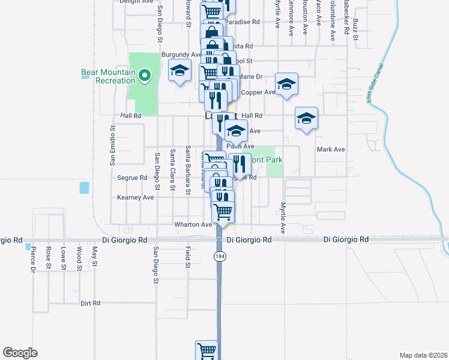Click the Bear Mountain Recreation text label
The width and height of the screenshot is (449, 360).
[108, 76]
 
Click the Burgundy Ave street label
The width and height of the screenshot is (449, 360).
[180, 55]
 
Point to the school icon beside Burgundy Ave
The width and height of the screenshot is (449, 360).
[179, 71]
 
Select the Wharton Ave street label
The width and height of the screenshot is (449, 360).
[193, 225]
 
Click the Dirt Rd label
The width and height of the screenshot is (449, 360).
[90, 304]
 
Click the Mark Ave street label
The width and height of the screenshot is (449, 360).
[331, 149]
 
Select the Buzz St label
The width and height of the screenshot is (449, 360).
[355, 29]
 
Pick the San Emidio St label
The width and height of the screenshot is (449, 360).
[112, 145]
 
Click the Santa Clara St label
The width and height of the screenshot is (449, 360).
[172, 170]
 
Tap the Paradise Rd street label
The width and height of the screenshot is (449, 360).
[246, 22]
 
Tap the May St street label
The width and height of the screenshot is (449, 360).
[94, 255]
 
